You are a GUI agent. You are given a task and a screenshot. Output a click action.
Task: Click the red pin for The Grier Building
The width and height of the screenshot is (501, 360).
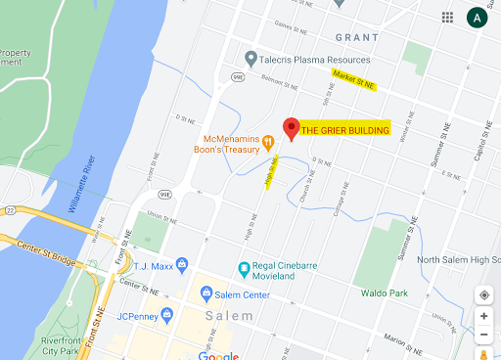(290, 127)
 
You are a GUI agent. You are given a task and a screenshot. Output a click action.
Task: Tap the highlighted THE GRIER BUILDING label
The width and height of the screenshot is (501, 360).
(344, 130)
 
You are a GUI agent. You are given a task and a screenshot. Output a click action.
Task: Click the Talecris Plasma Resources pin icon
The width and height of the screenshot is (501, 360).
(251, 59)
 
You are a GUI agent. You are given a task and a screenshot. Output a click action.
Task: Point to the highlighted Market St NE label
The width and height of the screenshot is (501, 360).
(353, 80)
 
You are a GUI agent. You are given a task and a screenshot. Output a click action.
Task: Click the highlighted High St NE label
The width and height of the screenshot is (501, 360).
(272, 170)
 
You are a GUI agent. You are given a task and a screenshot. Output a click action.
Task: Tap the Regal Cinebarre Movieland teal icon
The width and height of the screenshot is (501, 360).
(245, 268)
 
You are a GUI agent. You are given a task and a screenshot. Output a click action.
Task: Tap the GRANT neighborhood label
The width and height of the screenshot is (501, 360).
(356, 37)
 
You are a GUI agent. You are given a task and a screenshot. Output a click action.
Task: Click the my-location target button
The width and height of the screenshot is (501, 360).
(483, 294)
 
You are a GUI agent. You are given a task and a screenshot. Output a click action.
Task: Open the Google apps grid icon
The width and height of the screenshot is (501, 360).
(447, 18)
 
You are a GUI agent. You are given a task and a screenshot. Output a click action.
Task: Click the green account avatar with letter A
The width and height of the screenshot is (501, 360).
(477, 18)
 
